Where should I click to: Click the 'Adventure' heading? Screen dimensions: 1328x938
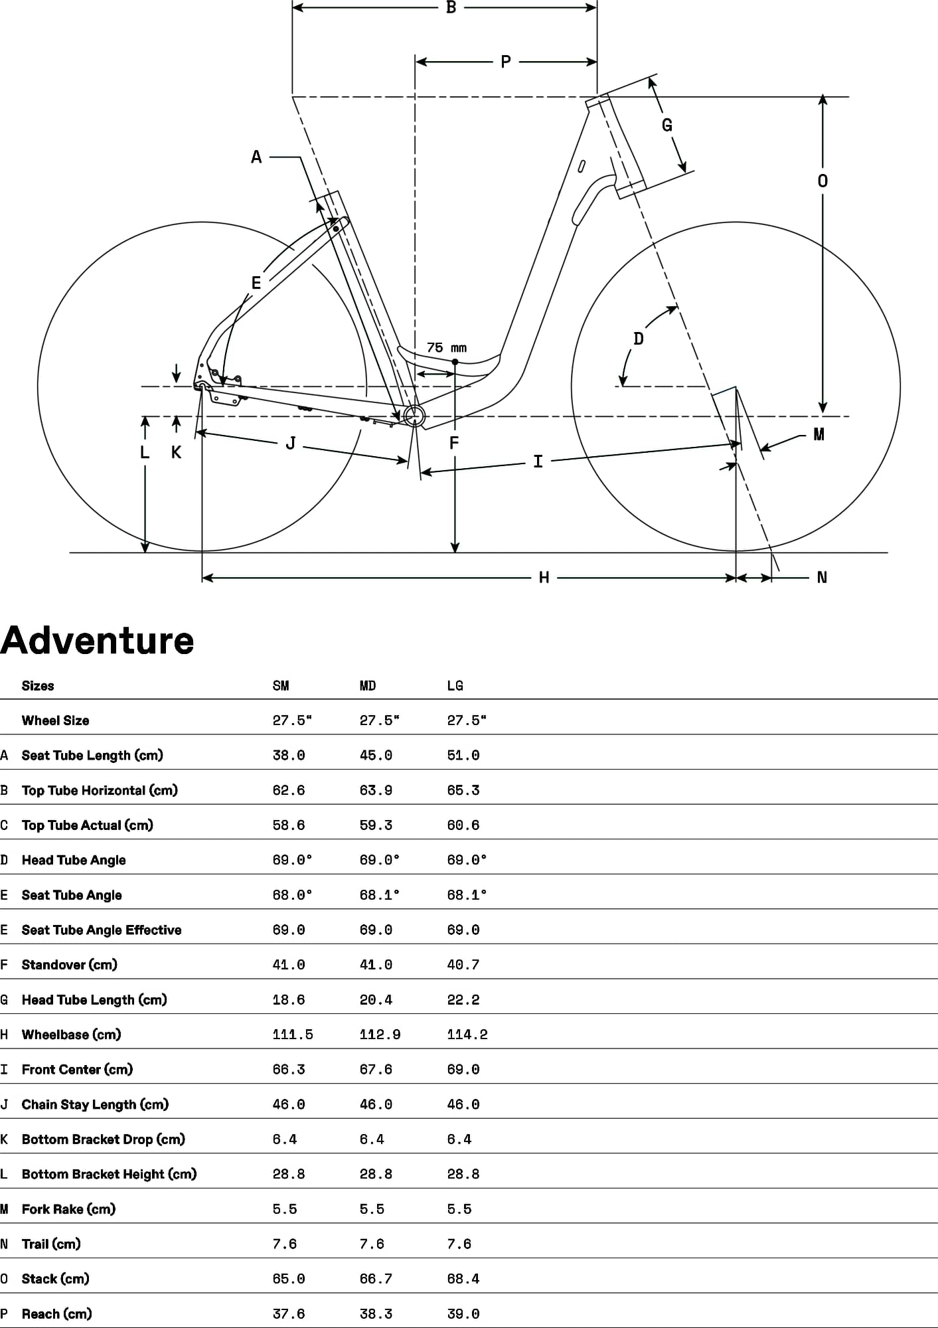click(97, 641)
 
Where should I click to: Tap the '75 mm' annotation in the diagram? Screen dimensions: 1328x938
click(446, 348)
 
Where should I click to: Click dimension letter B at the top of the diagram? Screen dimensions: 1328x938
click(451, 8)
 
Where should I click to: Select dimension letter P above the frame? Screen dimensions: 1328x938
click(506, 62)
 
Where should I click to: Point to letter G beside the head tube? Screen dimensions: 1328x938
click(667, 125)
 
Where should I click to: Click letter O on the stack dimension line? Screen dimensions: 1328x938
click(822, 181)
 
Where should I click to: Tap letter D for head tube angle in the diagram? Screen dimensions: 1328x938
click(639, 339)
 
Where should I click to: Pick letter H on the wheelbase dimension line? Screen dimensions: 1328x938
click(544, 578)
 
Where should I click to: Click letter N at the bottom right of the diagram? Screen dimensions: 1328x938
click(822, 578)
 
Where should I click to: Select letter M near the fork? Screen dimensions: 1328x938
click(819, 434)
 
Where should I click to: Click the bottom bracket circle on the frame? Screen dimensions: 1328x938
click(414, 416)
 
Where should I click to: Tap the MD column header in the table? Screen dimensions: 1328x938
click(368, 686)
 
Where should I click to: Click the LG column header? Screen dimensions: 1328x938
click(455, 686)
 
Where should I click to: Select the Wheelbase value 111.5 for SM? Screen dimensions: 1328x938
click(293, 1035)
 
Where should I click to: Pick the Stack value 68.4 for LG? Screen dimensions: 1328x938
click(463, 1279)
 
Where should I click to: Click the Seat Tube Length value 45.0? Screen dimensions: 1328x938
click(376, 756)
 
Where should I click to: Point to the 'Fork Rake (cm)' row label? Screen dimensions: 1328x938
click(68, 1209)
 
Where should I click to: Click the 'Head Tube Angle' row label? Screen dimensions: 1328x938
click(74, 861)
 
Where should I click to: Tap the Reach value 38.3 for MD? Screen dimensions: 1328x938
click(376, 1314)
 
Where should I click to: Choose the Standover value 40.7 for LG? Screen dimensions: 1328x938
click(463, 965)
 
